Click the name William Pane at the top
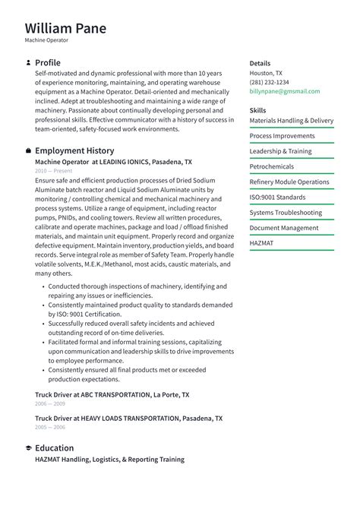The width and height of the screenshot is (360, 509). [65, 28]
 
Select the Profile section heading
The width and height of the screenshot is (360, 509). [48, 62]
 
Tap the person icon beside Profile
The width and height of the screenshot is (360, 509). [28, 62]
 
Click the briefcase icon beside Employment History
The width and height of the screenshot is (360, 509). [28, 150]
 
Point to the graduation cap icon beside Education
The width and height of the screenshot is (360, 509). [28, 448]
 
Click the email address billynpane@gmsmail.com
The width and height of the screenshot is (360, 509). [284, 91]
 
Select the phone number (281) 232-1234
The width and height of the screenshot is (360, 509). [269, 82]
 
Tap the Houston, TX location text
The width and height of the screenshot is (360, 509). [266, 73]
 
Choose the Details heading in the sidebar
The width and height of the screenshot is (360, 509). [260, 63]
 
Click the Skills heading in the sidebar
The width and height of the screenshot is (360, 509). [257, 110]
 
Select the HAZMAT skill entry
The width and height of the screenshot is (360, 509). [261, 243]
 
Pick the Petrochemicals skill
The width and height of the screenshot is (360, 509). [271, 166]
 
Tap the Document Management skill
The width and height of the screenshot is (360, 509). [284, 228]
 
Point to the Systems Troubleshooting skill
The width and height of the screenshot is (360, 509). [286, 213]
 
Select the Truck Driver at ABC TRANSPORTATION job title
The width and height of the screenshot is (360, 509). [112, 395]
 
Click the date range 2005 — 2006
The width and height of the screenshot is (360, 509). [49, 428]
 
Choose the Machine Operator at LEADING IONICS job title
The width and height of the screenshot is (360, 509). [113, 162]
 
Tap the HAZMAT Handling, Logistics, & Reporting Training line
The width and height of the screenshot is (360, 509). [109, 460]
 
